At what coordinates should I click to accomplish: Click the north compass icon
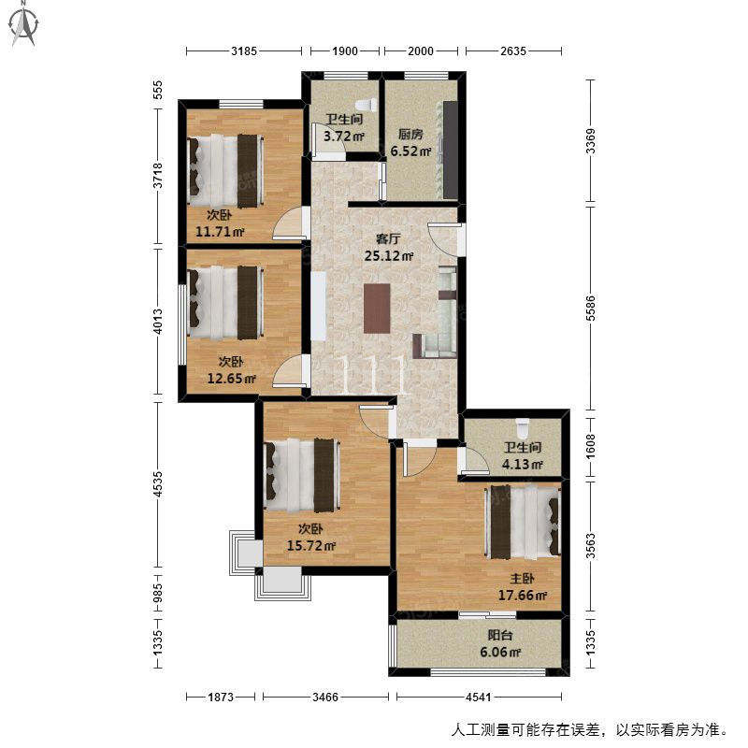[24, 25]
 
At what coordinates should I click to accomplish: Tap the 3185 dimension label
[244, 50]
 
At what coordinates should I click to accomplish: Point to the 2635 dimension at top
[512, 50]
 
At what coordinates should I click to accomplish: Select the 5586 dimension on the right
[591, 309]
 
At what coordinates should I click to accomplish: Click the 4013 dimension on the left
[158, 322]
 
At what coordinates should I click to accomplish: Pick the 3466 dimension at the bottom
[325, 697]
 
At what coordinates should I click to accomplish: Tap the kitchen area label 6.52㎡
[410, 151]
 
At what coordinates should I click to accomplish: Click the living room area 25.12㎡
[389, 255]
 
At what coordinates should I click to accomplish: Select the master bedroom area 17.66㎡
[523, 595]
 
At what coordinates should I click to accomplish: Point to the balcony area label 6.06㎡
[500, 652]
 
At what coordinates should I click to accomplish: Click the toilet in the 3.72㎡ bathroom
[367, 105]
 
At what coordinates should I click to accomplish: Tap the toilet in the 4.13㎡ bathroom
[523, 428]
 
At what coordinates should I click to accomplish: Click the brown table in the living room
[377, 309]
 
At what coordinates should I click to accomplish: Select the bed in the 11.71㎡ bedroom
[225, 171]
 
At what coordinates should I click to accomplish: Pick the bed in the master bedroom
[523, 522]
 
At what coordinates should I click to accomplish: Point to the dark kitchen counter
[451, 150]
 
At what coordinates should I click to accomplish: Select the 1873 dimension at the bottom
[221, 697]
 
